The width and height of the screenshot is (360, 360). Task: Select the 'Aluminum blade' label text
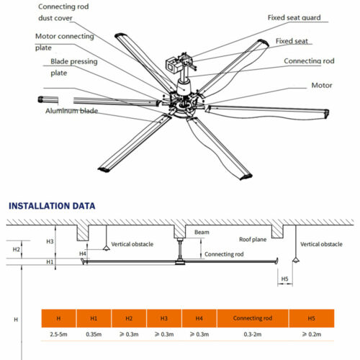[x=72, y=112]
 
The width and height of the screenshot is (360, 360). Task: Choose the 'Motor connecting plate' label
[x=65, y=42]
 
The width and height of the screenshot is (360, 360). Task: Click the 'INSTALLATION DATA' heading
[x=51, y=206]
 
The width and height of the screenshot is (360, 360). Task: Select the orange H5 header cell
[x=311, y=318]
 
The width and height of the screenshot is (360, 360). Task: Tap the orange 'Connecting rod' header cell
[x=253, y=318]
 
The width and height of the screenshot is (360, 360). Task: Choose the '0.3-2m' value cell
[x=253, y=335]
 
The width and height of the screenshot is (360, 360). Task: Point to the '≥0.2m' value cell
[x=311, y=335]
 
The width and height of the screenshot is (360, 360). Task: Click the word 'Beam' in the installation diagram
[x=202, y=233]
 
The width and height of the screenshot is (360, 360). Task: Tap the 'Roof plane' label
[x=253, y=238]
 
